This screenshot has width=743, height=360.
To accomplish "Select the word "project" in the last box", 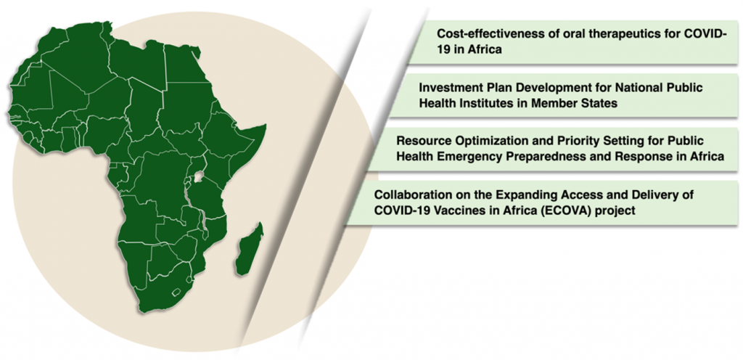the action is [615, 211].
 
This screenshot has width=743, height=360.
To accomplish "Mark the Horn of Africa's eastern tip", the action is [266, 125].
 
